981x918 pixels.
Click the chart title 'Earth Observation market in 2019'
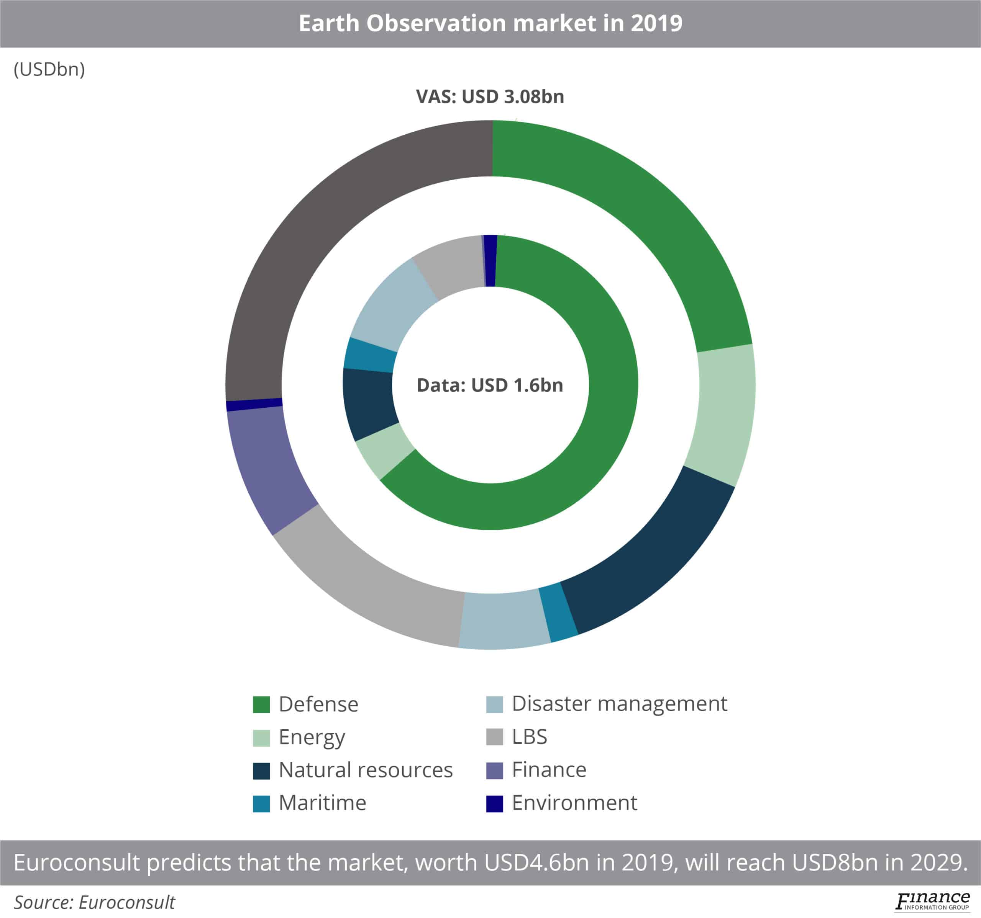coord(490,23)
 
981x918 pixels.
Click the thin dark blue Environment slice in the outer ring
coord(254,404)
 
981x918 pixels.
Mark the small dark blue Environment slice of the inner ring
coord(490,261)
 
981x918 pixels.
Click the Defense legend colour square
coord(261,704)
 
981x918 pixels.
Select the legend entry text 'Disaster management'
coord(619,704)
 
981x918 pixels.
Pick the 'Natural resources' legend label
coord(365,769)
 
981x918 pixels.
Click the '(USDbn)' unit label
coord(49,70)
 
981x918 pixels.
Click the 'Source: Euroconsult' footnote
coord(94,902)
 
